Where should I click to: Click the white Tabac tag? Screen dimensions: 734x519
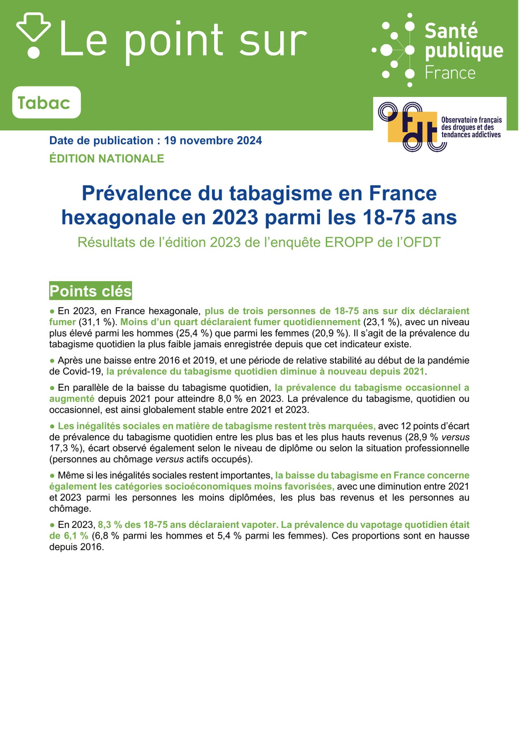point(46,102)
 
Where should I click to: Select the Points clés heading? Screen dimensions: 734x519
point(90,291)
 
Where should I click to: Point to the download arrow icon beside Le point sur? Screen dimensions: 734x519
point(33,35)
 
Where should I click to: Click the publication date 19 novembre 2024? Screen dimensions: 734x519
point(213,141)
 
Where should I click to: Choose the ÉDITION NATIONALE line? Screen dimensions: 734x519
point(107,159)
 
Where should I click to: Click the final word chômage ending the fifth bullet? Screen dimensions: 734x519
point(70,509)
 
